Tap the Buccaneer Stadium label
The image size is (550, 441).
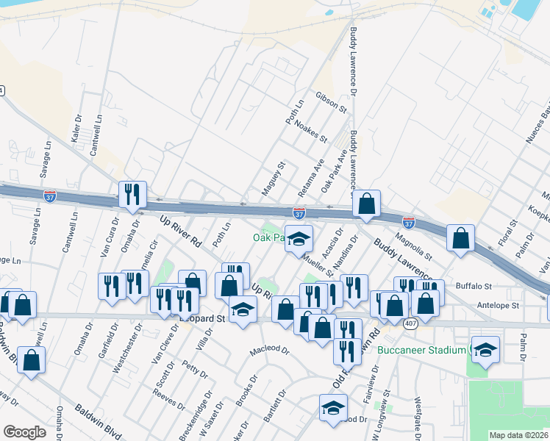[421, 350]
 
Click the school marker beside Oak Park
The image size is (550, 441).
[299, 239]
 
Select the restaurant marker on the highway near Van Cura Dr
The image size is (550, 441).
[132, 195]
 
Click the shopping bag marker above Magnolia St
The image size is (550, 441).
[366, 204]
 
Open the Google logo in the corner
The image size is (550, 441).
[24, 432]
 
